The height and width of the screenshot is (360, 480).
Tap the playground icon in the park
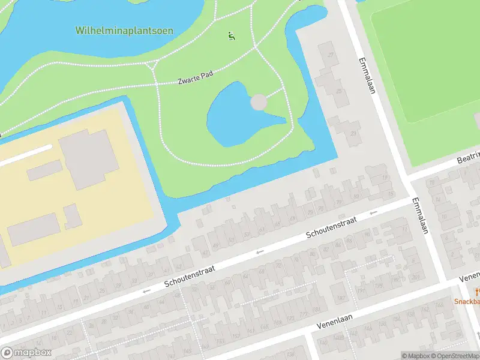click(x=232, y=37)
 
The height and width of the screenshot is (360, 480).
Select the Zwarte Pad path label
click(x=196, y=79)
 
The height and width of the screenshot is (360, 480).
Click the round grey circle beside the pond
click(x=259, y=102)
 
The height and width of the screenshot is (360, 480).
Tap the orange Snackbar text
click(x=467, y=302)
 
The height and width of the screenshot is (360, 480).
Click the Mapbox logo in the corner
click(x=26, y=353)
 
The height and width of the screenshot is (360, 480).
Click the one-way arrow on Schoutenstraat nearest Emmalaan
click(x=373, y=212)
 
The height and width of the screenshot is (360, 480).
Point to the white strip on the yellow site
click(x=24, y=154)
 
